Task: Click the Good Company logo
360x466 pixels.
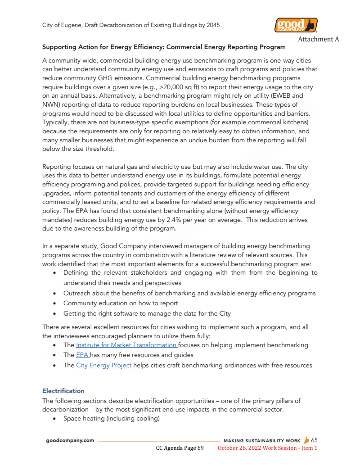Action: pyautogui.click(x=296, y=25)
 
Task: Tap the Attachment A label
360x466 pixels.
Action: pyautogui.click(x=318, y=39)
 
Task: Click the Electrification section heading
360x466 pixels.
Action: pyautogui.click(x=63, y=390)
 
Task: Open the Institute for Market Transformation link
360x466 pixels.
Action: pyautogui.click(x=126, y=345)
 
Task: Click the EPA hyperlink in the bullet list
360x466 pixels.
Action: pyautogui.click(x=82, y=355)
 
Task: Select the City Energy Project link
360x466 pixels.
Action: pyautogui.click(x=104, y=365)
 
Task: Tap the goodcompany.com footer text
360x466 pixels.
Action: pyautogui.click(x=70, y=440)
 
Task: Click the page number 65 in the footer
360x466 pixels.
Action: pyautogui.click(x=314, y=440)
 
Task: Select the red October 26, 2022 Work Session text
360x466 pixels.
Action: pyautogui.click(x=267, y=448)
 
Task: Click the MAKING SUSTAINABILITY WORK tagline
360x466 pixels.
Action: pyautogui.click(x=262, y=440)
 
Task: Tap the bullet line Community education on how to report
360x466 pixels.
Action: pyautogui.click(x=120, y=303)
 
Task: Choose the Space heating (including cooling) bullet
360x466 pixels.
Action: pyautogui.click(x=111, y=418)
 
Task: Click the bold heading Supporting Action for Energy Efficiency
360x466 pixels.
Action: pyautogui.click(x=164, y=47)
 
